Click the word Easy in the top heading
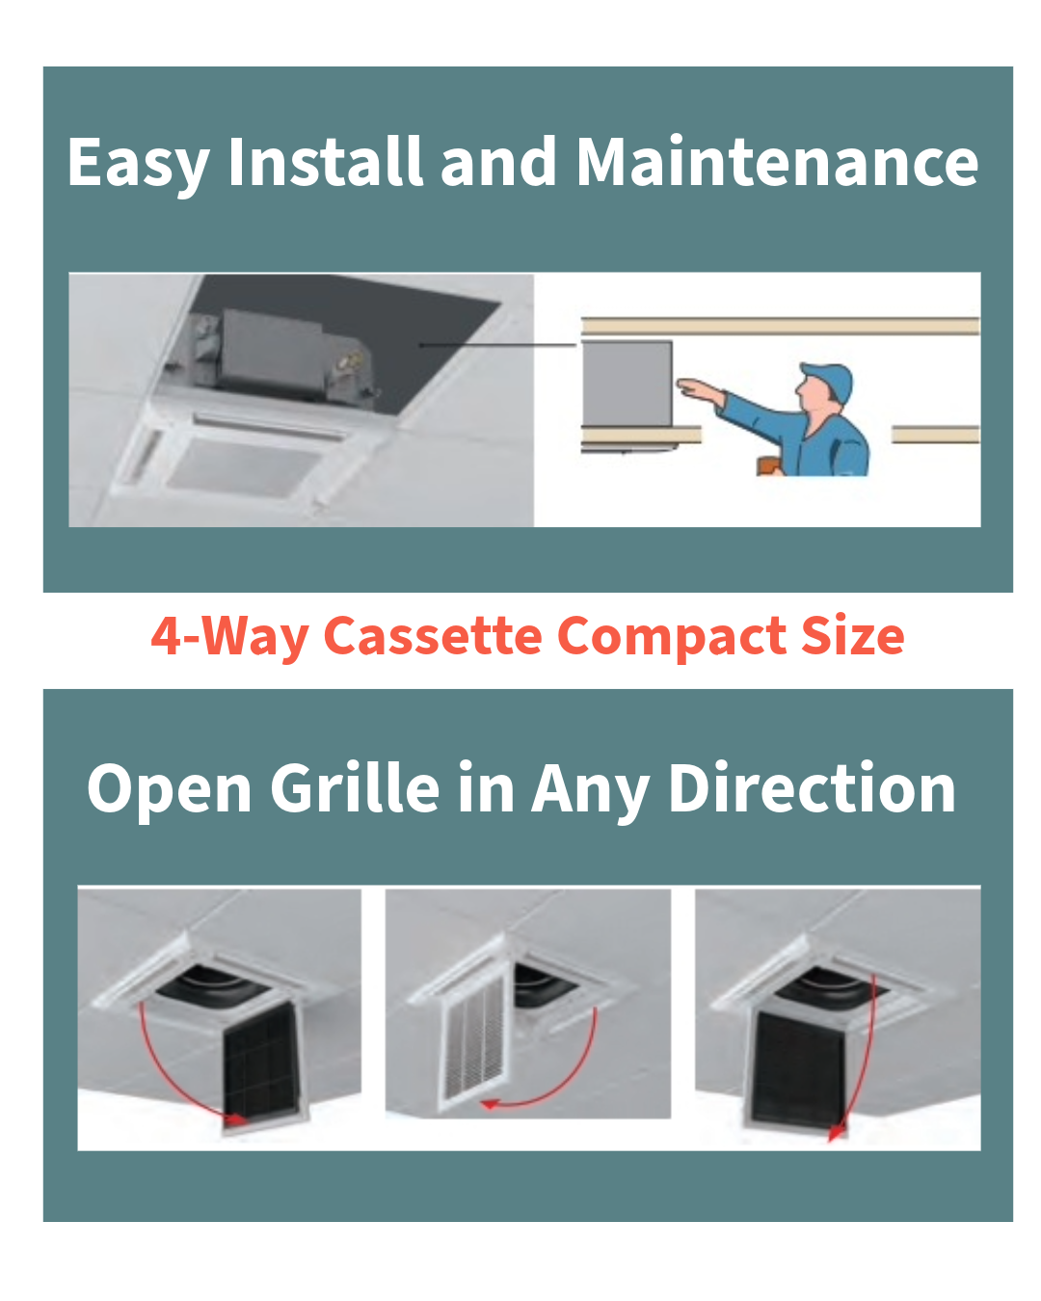(138, 164)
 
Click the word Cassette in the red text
(433, 636)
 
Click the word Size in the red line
(852, 636)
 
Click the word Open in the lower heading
(170, 790)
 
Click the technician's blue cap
(828, 381)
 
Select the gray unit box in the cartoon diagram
(627, 383)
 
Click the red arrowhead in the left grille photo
(234, 1119)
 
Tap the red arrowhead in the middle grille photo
(490, 1104)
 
